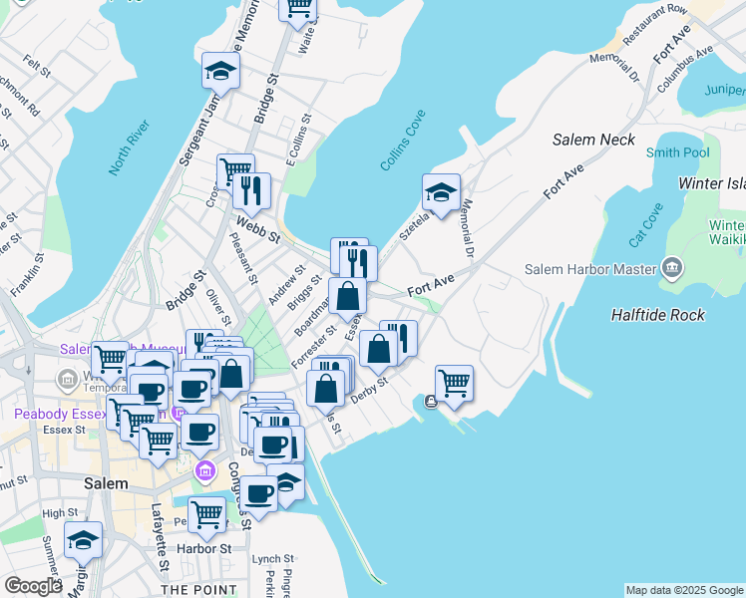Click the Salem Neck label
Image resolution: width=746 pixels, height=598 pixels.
[593, 140]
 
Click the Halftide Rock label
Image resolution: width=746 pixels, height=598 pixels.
[657, 315]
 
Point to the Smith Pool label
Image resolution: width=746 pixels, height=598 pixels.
[677, 152]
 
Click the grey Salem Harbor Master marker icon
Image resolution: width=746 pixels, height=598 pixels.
[672, 267]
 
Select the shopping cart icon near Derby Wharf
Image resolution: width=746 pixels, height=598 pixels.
[454, 381]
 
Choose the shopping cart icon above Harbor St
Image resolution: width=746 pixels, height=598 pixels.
[206, 513]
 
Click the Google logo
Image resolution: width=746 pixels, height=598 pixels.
[33, 586]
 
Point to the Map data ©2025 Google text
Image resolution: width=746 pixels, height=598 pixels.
[684, 590]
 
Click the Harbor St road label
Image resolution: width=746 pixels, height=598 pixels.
[205, 548]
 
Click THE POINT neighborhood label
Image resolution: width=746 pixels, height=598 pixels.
[198, 589]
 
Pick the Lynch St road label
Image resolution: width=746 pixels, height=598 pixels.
[272, 559]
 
